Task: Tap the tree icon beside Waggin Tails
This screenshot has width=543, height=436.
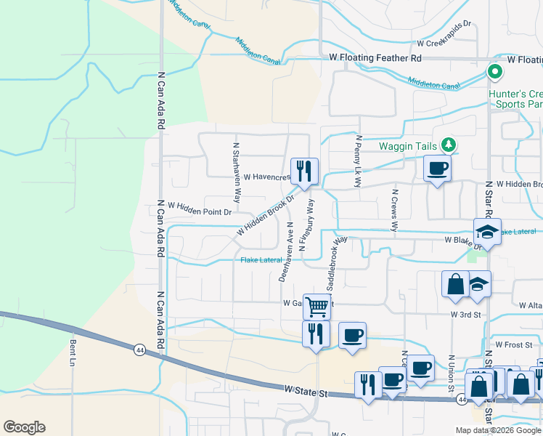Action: [449, 145]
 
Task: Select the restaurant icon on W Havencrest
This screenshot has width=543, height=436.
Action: [304, 171]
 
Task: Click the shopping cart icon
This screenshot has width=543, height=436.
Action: [317, 306]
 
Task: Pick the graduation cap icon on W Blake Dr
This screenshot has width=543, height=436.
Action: [487, 232]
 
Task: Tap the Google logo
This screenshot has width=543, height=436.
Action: [24, 427]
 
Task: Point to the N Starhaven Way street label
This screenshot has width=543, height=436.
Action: [236, 172]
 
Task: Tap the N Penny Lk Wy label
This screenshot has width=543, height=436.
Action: [358, 161]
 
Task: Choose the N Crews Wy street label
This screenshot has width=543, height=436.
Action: [394, 211]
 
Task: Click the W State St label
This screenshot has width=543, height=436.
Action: [308, 392]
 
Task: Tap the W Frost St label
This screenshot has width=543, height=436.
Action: [509, 344]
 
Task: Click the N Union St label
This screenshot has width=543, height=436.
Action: [451, 371]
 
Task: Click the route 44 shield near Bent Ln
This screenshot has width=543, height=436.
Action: [138, 350]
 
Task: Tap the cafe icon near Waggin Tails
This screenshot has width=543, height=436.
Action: [437, 169]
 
